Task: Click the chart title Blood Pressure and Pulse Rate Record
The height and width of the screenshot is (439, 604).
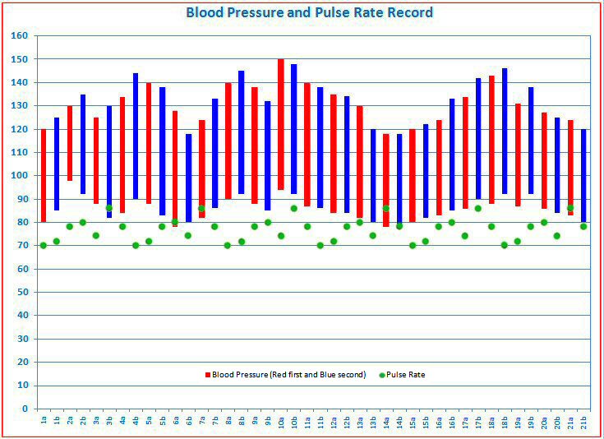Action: tap(309, 13)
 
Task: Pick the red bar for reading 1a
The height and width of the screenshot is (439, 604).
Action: tap(44, 175)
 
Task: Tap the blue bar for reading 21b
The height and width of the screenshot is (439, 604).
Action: tap(583, 175)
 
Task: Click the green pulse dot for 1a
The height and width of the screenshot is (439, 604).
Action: tap(44, 245)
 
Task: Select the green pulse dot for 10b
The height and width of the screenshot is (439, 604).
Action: tap(294, 208)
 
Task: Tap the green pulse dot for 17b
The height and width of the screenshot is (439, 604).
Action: tap(478, 208)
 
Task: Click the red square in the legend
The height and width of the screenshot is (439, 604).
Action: tap(208, 375)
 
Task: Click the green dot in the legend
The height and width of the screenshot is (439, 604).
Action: tap(383, 375)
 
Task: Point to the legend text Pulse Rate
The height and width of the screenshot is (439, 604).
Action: tap(408, 375)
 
